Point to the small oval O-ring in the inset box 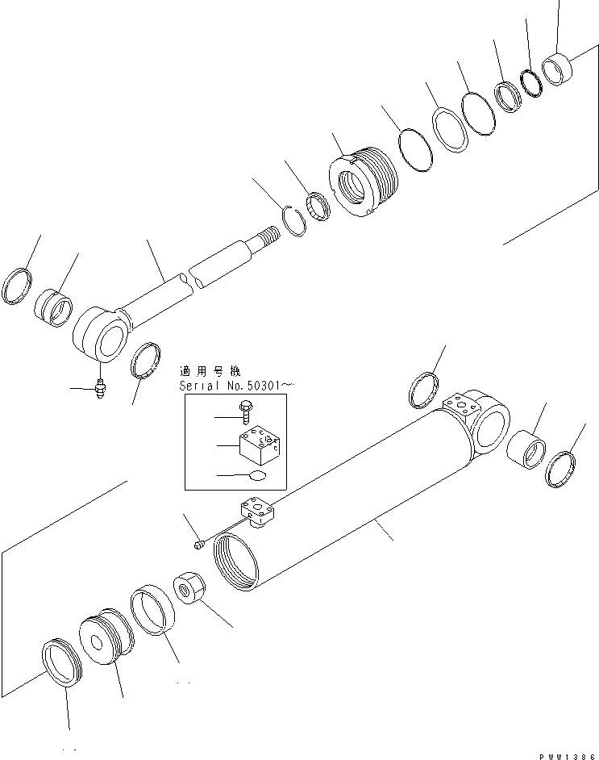pos(256,476)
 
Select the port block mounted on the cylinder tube pos(256,513)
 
